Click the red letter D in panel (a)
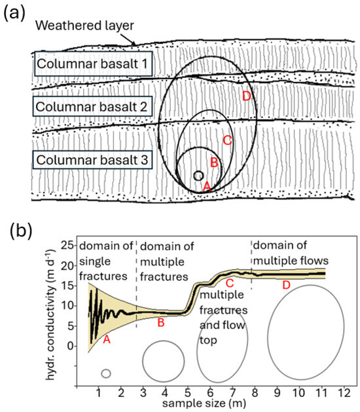click(x=246, y=96)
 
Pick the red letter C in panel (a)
click(x=227, y=140)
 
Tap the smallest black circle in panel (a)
click(x=198, y=176)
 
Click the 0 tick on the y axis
click(x=69, y=346)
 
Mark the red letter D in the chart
click(x=286, y=286)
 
